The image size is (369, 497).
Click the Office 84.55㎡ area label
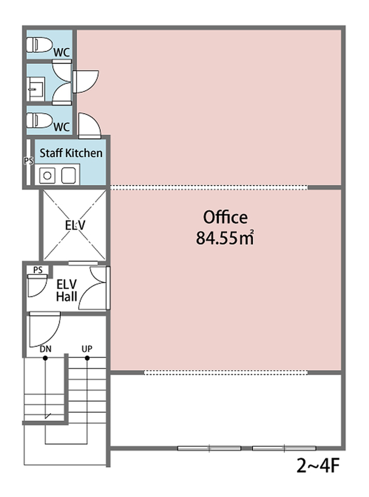(225, 227)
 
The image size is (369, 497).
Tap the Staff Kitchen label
(71, 153)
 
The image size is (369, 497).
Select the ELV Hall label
(66, 290)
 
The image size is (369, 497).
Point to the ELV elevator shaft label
(75, 225)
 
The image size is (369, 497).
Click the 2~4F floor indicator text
(318, 466)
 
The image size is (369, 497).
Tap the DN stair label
(46, 349)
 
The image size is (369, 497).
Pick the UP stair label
(87, 348)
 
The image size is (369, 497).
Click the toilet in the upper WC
(39, 45)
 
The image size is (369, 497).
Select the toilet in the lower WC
(39, 120)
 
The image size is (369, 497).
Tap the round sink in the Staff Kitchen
(47, 175)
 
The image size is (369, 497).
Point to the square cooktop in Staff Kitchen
(68, 175)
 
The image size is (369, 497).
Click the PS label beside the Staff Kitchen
(29, 161)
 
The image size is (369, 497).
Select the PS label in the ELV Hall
(38, 270)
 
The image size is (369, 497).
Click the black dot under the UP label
(87, 358)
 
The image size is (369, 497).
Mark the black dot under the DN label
(45, 358)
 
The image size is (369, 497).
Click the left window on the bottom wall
(209, 448)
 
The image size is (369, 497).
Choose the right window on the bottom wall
(284, 448)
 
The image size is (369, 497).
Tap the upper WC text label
(61, 52)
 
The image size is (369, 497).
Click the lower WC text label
(61, 127)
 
